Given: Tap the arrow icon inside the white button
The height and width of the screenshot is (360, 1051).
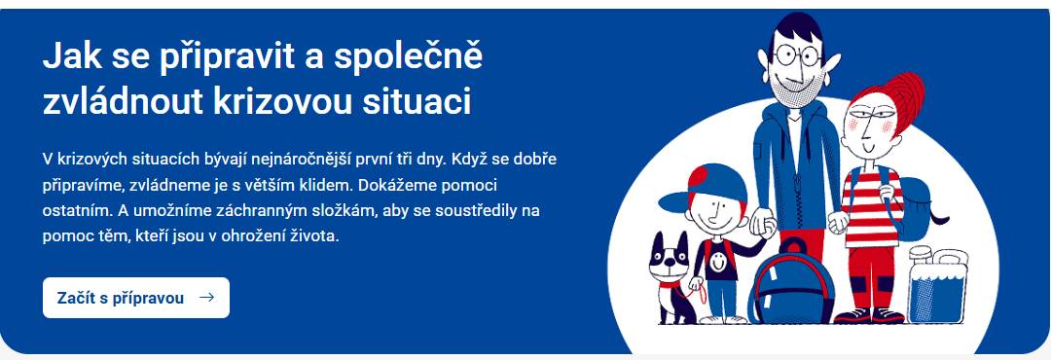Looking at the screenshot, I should click(x=206, y=298).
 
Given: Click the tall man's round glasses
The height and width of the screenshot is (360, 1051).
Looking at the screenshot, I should click(x=799, y=54).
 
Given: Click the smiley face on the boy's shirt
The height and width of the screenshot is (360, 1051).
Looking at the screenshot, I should click(x=718, y=258).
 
